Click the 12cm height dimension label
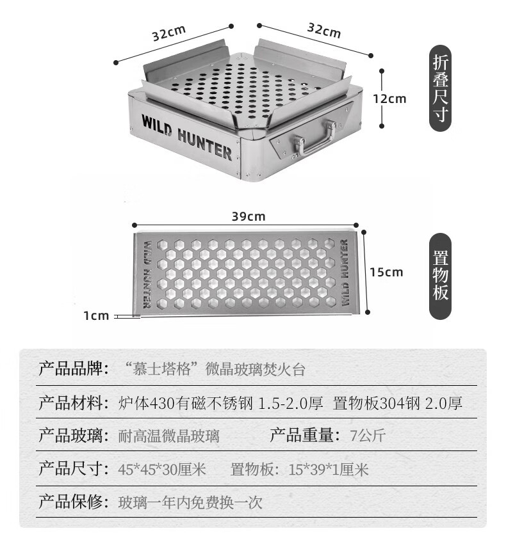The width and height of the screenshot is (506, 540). [x=390, y=99]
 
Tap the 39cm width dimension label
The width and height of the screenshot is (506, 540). [x=248, y=216]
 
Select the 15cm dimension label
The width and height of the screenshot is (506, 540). [x=386, y=272]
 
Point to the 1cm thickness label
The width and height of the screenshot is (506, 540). [x=96, y=315]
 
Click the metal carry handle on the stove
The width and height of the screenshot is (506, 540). [x=314, y=138]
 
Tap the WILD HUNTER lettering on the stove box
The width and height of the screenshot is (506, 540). [x=186, y=136]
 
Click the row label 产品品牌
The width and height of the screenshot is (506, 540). [x=72, y=369]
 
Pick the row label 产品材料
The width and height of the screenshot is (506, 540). [x=72, y=403]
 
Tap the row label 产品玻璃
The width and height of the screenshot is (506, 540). [x=72, y=436]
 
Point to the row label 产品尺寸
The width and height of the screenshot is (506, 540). [x=72, y=470]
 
